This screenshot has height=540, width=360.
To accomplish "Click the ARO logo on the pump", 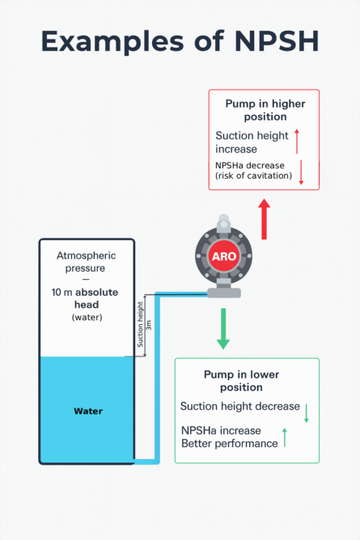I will coord(223,255).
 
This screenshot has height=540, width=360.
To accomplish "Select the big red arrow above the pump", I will coord(264,217).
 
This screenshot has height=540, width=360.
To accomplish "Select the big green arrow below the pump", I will coord(223,331).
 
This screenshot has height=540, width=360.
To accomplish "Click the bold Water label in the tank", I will coord(88,411).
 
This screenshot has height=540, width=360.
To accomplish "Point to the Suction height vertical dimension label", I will coord(140,326).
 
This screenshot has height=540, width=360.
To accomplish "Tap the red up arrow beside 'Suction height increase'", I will coord(297,142).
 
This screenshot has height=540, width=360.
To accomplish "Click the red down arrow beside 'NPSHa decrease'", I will coord(300,172).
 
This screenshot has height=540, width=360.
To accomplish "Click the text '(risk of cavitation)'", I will coord(253,175).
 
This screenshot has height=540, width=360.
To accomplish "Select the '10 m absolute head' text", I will coord(86,298).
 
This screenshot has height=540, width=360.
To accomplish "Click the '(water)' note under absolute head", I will coord(86,318).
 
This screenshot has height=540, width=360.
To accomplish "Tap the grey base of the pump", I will coord(223,292).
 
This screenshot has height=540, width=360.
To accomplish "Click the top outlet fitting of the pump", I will coord(223,219).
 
